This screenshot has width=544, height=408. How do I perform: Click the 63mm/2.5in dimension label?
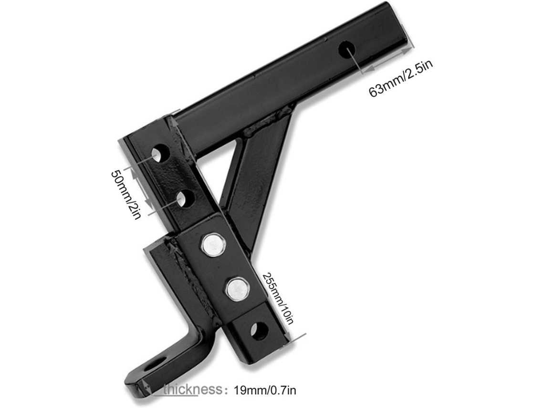(401, 79)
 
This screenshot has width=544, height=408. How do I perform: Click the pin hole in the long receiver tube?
(346, 50)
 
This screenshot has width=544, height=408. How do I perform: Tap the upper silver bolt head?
(213, 245)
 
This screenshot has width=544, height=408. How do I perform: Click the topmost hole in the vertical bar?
(161, 153)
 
